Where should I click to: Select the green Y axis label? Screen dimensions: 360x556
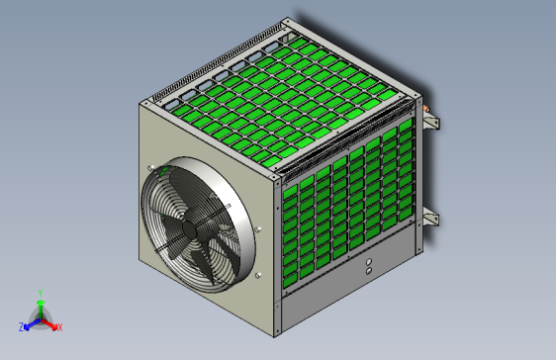(40, 293)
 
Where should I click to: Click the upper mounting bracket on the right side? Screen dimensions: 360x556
(430, 122)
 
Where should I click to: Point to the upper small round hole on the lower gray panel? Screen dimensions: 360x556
(368, 262)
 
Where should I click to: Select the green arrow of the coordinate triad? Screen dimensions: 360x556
(40, 306)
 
